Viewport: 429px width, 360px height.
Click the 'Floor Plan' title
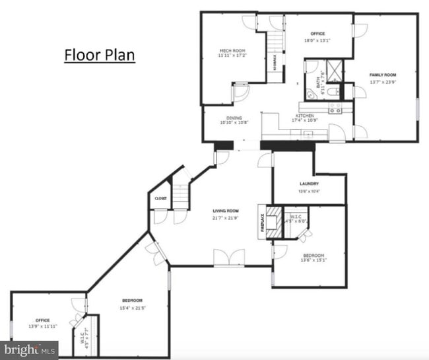tap(99, 54)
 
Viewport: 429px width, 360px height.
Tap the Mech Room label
tap(232, 50)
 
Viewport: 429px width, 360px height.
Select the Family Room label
tap(383, 75)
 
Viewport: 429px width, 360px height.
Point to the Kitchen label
tap(304, 116)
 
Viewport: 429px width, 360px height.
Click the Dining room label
tap(234, 118)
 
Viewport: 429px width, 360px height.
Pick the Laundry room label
tap(309, 184)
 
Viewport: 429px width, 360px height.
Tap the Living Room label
tap(226, 211)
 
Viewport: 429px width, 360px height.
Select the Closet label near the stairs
tap(161, 198)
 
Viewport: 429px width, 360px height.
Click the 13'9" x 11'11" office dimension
tap(43, 326)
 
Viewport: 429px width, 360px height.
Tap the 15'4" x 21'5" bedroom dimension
tap(132, 308)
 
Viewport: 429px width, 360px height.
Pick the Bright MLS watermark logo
tap(29, 349)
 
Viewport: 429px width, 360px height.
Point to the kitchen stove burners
tap(335, 108)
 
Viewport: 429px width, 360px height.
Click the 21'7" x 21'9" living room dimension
tap(226, 218)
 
